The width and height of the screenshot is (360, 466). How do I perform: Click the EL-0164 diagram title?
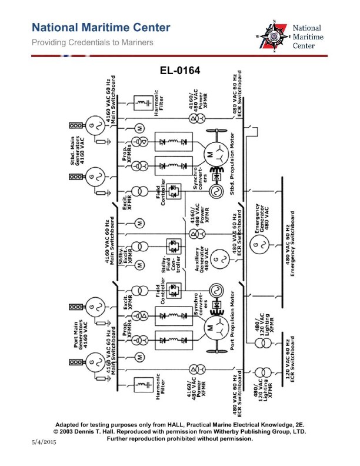[x=180, y=71]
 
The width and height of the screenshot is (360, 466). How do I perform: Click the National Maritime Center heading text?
[x=101, y=28]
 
